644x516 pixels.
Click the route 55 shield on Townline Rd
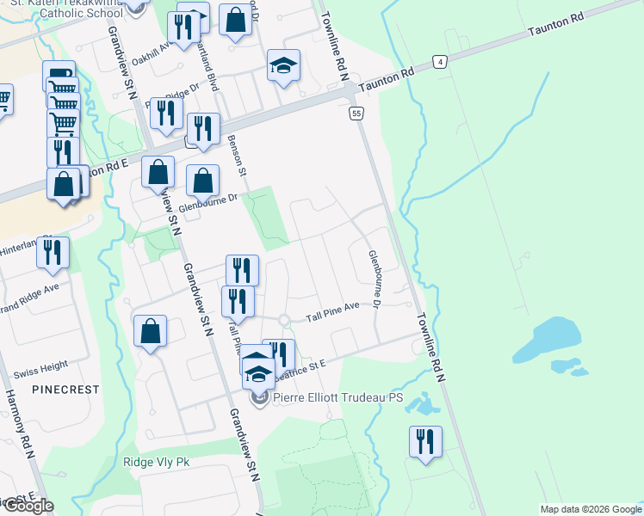(356, 113)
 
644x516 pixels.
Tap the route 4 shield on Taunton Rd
(441, 62)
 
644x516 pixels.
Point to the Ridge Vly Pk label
(156, 462)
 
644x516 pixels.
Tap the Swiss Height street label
(41, 365)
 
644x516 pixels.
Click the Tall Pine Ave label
(333, 317)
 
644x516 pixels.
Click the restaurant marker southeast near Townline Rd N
(425, 441)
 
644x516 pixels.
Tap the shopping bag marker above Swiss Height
(151, 330)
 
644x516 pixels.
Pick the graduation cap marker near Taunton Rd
(282, 66)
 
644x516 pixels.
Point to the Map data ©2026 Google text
(590, 509)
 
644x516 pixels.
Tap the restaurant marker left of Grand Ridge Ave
(53, 252)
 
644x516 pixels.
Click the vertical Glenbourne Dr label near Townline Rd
(375, 279)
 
